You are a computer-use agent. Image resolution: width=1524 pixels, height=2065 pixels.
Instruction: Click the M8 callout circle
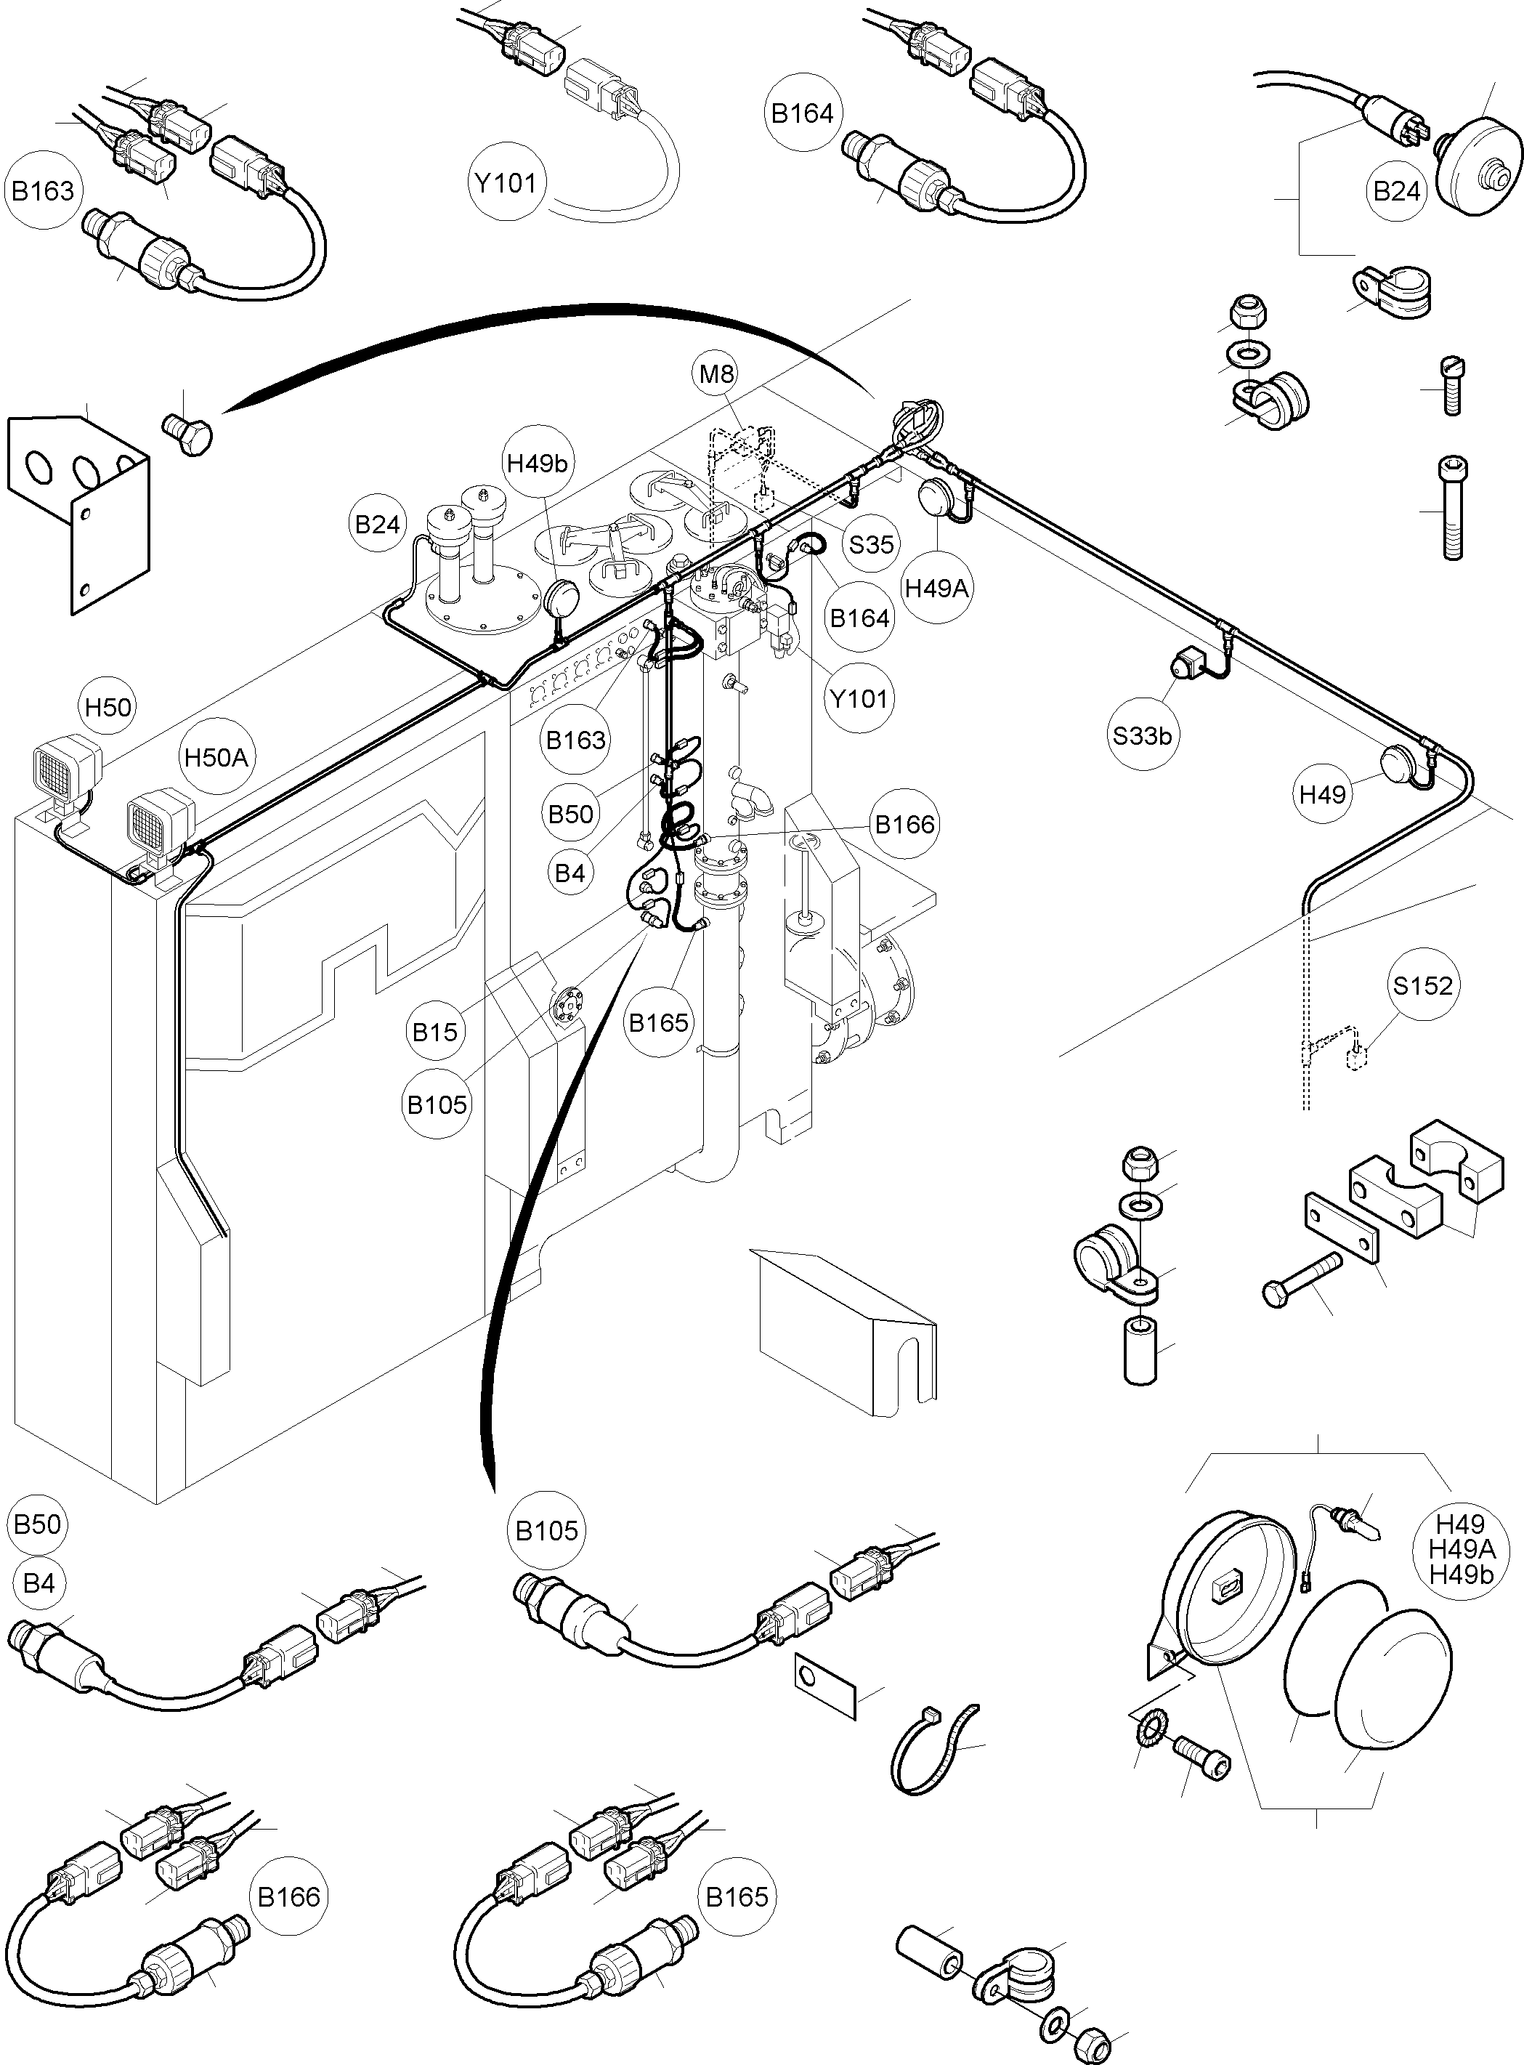pos(717,373)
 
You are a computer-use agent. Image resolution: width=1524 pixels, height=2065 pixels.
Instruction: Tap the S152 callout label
pos(1422,985)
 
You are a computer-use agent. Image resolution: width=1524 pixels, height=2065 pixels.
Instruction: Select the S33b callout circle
pos(1142,735)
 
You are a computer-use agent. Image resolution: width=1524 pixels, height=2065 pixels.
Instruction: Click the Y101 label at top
pos(506,182)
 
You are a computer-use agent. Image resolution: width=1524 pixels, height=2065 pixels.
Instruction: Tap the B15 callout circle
pos(434,1032)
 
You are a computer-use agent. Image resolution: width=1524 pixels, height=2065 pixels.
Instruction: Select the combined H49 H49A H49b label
pos(1460,1549)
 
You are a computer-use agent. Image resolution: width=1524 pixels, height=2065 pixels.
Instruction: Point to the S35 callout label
pos(871,544)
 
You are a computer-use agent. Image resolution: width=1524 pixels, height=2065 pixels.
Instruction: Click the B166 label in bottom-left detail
pos(289,1897)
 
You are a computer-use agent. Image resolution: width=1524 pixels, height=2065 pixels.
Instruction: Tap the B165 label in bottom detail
pos(736,1897)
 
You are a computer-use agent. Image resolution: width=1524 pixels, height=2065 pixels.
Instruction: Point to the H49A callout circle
pos(936,588)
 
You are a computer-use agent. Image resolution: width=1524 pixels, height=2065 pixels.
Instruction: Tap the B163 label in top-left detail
pos(42,191)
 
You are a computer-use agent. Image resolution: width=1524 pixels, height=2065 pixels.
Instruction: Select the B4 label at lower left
pos(38,1583)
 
